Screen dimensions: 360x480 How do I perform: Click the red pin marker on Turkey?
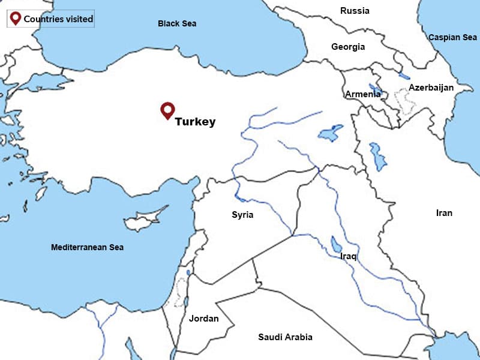167,110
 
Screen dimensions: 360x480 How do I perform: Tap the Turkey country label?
195,122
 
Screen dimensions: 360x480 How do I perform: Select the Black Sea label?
177,23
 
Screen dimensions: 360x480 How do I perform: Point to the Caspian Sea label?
452,37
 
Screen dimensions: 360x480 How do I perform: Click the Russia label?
355,11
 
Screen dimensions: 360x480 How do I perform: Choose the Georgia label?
348,47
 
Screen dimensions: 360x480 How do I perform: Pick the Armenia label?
362,94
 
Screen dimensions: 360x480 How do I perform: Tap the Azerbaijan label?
431,88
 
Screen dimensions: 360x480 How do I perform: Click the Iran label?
444,213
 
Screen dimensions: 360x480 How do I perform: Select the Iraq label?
349,256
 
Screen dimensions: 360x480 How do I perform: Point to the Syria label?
242,215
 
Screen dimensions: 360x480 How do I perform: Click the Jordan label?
204,319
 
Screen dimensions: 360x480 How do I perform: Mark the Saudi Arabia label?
285,337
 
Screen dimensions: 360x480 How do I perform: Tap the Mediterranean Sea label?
87,247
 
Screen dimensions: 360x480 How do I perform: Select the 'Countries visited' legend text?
58,19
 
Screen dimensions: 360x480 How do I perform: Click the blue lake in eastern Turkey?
330,133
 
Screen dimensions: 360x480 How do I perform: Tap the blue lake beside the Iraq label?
334,244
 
